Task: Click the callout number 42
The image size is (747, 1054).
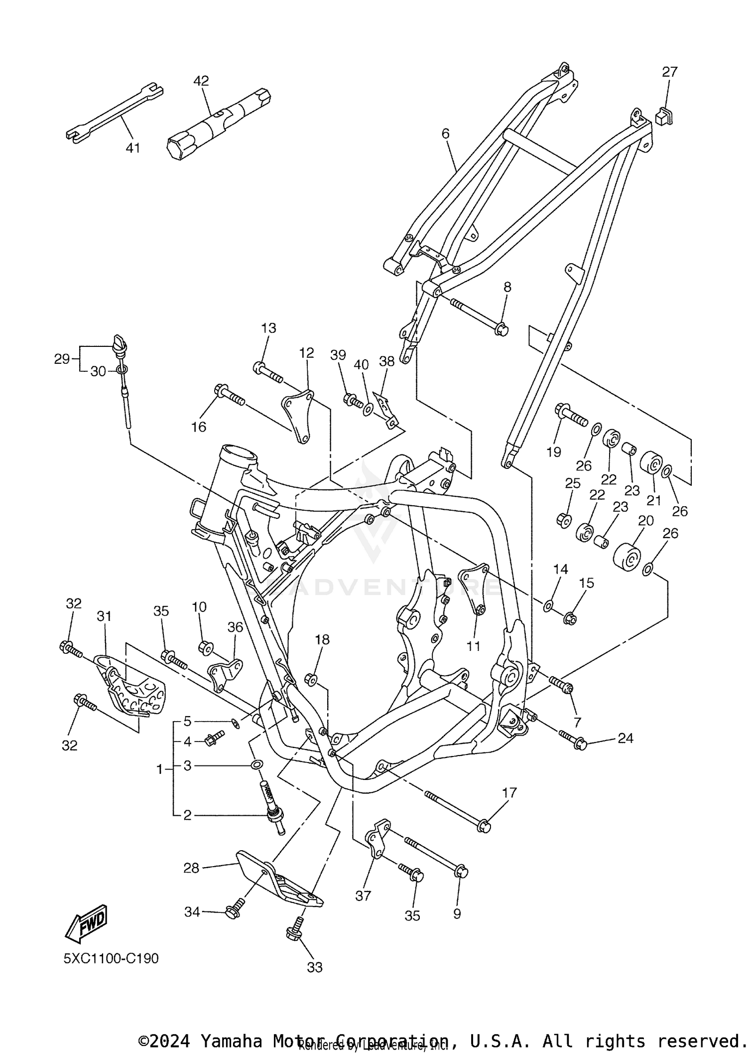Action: click(201, 81)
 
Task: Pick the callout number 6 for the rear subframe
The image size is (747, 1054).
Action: click(445, 134)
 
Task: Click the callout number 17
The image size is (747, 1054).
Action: click(509, 792)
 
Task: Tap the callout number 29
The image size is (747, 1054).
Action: click(62, 359)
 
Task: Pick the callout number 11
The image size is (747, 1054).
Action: click(473, 646)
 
